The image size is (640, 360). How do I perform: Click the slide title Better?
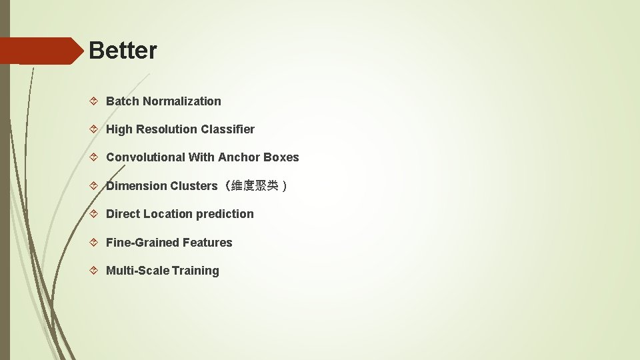pyautogui.click(x=123, y=51)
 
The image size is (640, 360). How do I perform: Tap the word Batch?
pyautogui.click(x=123, y=101)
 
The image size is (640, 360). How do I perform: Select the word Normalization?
pyautogui.click(x=181, y=101)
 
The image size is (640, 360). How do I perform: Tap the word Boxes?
pyautogui.click(x=281, y=157)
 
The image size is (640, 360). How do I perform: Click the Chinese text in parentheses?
pyautogui.click(x=253, y=186)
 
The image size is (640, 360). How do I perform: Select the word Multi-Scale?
pyautogui.click(x=137, y=271)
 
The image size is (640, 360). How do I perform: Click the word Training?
pyautogui.click(x=195, y=271)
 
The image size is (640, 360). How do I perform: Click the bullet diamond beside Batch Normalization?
pyautogui.click(x=94, y=101)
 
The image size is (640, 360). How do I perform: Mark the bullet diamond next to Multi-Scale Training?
pyautogui.click(x=94, y=271)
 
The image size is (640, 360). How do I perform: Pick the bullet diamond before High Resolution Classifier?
pyautogui.click(x=94, y=129)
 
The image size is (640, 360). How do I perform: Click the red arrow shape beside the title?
pyautogui.click(x=40, y=51)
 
